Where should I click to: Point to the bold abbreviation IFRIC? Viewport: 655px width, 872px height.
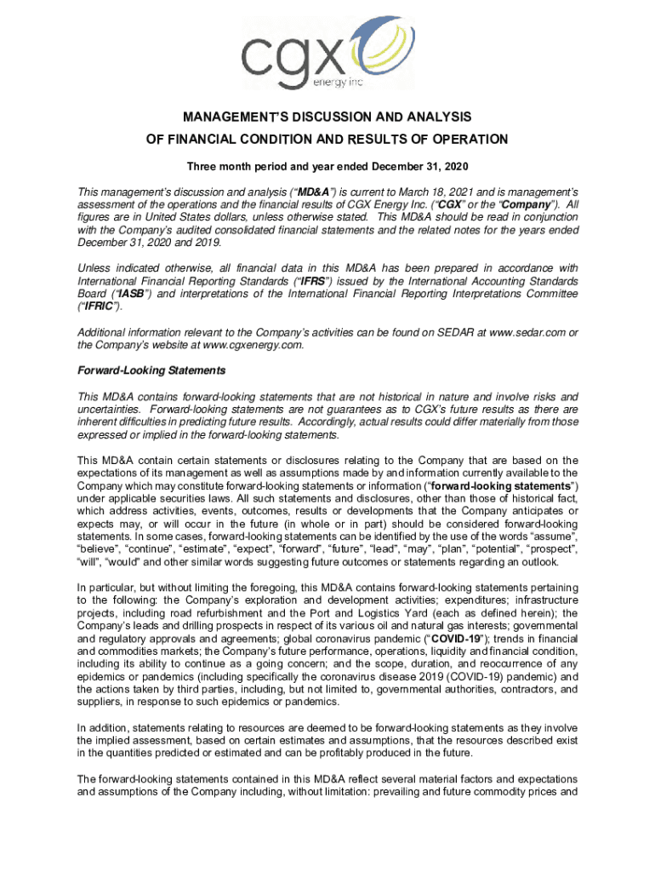click(x=99, y=307)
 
